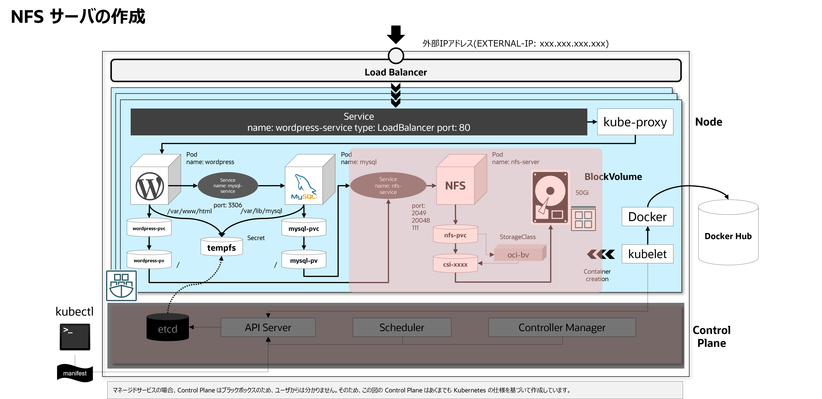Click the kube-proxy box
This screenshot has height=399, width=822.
(x=635, y=122)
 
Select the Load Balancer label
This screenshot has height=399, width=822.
(x=396, y=72)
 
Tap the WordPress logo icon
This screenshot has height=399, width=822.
(x=150, y=186)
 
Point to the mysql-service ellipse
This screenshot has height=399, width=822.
(x=228, y=186)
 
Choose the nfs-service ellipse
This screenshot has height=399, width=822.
(x=388, y=186)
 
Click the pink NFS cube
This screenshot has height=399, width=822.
(x=461, y=179)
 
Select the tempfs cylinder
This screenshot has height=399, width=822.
(x=222, y=247)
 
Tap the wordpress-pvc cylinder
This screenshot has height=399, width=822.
(x=149, y=227)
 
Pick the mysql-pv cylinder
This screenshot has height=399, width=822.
(x=304, y=260)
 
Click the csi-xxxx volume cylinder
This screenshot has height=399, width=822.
(x=455, y=263)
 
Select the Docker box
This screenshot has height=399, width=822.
(x=648, y=217)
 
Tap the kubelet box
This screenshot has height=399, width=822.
(x=648, y=254)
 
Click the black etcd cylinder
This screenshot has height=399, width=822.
(x=168, y=327)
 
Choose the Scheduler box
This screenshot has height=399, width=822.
(x=402, y=327)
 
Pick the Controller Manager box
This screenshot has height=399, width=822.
(x=562, y=327)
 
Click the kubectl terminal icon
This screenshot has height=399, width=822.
(x=75, y=337)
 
